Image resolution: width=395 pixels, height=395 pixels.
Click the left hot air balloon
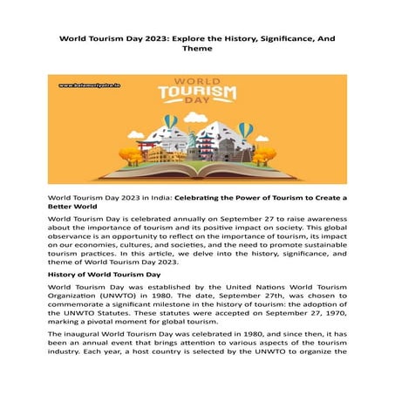(x=171, y=123)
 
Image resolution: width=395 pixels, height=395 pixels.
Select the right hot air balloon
(x=247, y=131)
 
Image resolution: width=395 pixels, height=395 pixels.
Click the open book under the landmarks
(x=198, y=172)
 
